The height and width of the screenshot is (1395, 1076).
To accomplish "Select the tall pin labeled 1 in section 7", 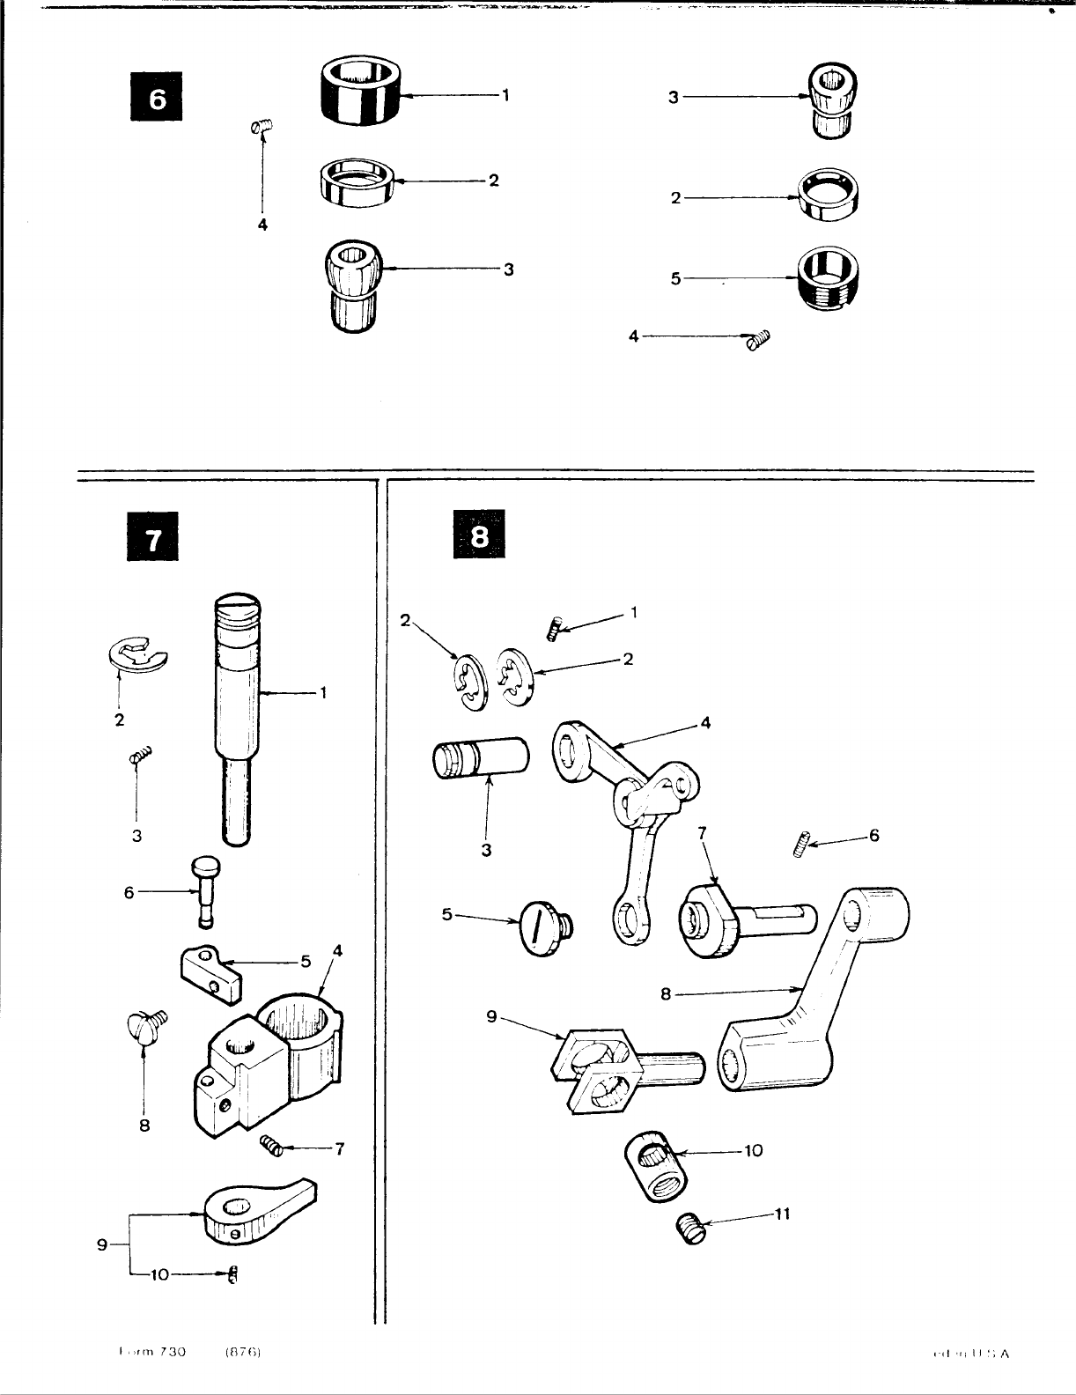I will (237, 705).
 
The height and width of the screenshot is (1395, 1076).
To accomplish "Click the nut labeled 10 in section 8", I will (657, 1167).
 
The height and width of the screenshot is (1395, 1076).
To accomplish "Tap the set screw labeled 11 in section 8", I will (691, 1227).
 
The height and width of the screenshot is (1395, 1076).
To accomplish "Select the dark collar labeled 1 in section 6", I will (360, 91).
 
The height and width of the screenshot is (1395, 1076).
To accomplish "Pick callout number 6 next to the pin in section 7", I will (129, 892).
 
